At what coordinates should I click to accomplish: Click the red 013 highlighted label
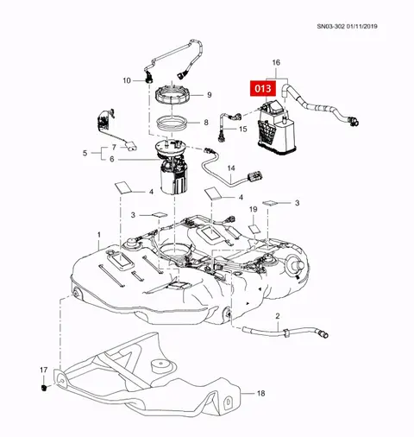(263, 88)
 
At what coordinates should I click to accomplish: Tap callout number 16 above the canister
(276, 62)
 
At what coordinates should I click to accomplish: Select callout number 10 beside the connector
(127, 80)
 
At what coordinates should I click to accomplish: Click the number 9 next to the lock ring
(210, 95)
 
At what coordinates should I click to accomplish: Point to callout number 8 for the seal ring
(206, 123)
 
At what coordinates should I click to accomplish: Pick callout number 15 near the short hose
(243, 129)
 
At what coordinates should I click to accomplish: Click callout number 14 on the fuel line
(231, 168)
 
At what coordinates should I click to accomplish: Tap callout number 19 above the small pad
(253, 209)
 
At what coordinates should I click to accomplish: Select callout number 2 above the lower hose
(278, 316)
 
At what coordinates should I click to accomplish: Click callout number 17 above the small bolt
(43, 370)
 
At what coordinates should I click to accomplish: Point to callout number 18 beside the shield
(260, 393)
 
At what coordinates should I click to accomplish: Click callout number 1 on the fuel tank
(99, 235)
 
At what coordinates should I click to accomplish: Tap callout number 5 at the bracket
(85, 153)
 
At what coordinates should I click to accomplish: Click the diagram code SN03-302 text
(330, 26)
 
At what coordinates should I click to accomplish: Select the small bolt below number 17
(44, 388)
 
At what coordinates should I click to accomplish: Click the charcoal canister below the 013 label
(276, 127)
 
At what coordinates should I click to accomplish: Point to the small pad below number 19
(254, 229)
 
